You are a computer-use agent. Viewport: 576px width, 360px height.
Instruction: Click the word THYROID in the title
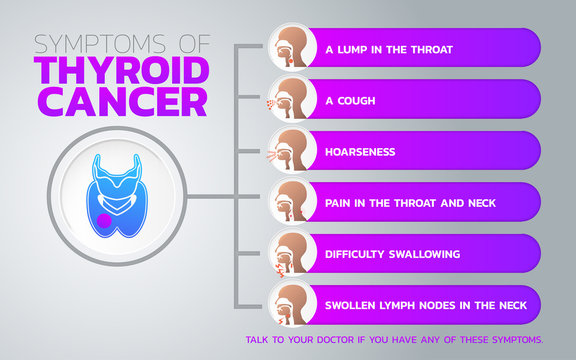click(x=121, y=72)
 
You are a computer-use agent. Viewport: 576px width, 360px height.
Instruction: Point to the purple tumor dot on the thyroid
click(x=104, y=220)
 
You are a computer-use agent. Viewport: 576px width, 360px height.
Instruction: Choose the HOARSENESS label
click(x=360, y=152)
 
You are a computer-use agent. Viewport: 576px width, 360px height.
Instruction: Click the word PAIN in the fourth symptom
click(x=337, y=203)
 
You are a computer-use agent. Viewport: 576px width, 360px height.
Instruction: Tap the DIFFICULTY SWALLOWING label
click(x=392, y=254)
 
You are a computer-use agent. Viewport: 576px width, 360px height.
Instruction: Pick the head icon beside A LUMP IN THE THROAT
click(x=291, y=47)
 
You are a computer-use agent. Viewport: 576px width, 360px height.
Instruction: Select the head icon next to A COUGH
click(x=291, y=98)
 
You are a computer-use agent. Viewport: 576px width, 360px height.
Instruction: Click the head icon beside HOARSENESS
click(x=291, y=150)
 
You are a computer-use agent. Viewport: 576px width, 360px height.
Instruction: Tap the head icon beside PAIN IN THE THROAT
click(x=291, y=201)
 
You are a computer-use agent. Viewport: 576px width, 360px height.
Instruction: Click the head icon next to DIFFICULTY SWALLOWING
click(x=291, y=253)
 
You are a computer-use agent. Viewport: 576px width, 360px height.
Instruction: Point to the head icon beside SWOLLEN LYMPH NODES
click(x=291, y=304)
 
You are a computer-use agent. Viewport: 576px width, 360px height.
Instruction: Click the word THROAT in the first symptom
click(x=407, y=49)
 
